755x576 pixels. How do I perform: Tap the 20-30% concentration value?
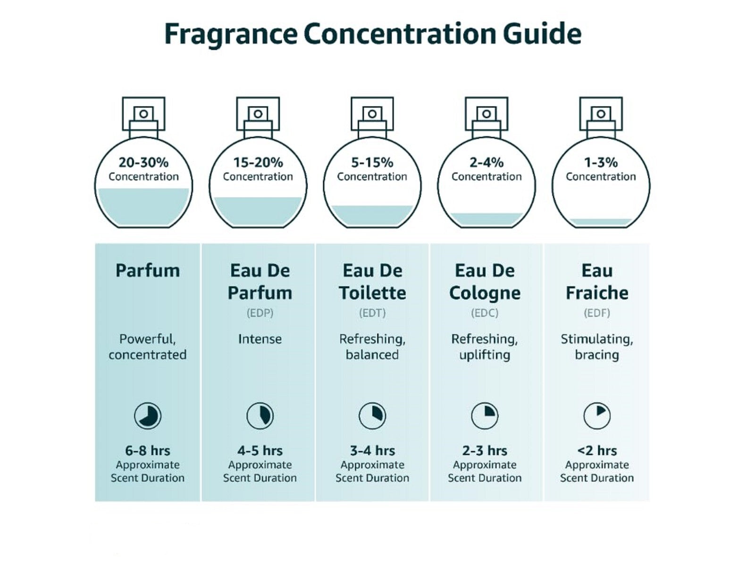point(143,162)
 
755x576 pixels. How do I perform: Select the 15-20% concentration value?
point(258,162)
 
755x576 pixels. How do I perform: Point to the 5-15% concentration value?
point(372,162)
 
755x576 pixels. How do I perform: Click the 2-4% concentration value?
point(487,162)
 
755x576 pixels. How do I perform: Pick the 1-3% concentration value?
point(601,162)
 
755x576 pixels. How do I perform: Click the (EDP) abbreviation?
point(260,313)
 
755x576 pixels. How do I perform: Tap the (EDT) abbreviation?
point(372,313)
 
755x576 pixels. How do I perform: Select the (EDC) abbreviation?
point(485,313)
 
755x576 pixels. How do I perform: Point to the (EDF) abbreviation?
point(597,313)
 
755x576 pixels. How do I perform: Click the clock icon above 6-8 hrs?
point(148,416)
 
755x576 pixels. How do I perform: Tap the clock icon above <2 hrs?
point(597,416)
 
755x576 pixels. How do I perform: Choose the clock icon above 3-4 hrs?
point(372,416)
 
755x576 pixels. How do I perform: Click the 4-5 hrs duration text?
point(260,450)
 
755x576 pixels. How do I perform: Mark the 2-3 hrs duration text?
point(485,450)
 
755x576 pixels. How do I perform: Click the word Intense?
point(260,339)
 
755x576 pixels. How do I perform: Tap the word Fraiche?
point(597,293)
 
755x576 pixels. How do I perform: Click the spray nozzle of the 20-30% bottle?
point(143,114)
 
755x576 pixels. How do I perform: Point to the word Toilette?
point(372,293)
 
